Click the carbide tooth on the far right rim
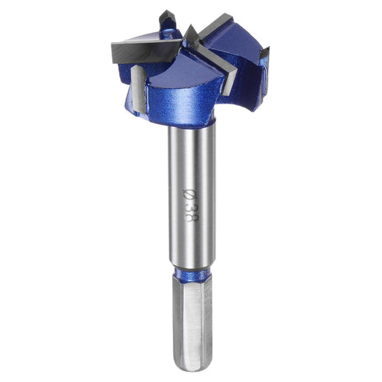(264, 58)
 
